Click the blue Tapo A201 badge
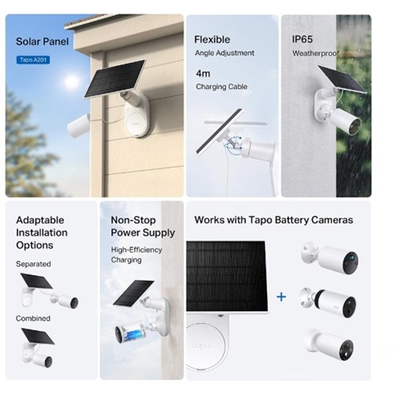click(33, 60)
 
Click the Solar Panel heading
click(43, 42)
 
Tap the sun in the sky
click(71, 81)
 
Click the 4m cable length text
click(203, 73)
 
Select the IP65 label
click(303, 39)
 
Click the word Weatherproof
click(316, 54)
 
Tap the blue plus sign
click(281, 297)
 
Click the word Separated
click(33, 264)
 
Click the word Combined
click(33, 318)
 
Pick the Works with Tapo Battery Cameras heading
click(274, 220)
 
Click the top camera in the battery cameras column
click(330, 258)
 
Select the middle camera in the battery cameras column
click(329, 303)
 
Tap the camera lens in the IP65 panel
click(355, 126)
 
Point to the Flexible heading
click(213, 39)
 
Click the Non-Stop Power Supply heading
click(143, 227)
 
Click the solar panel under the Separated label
click(36, 281)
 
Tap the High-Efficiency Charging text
click(137, 254)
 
